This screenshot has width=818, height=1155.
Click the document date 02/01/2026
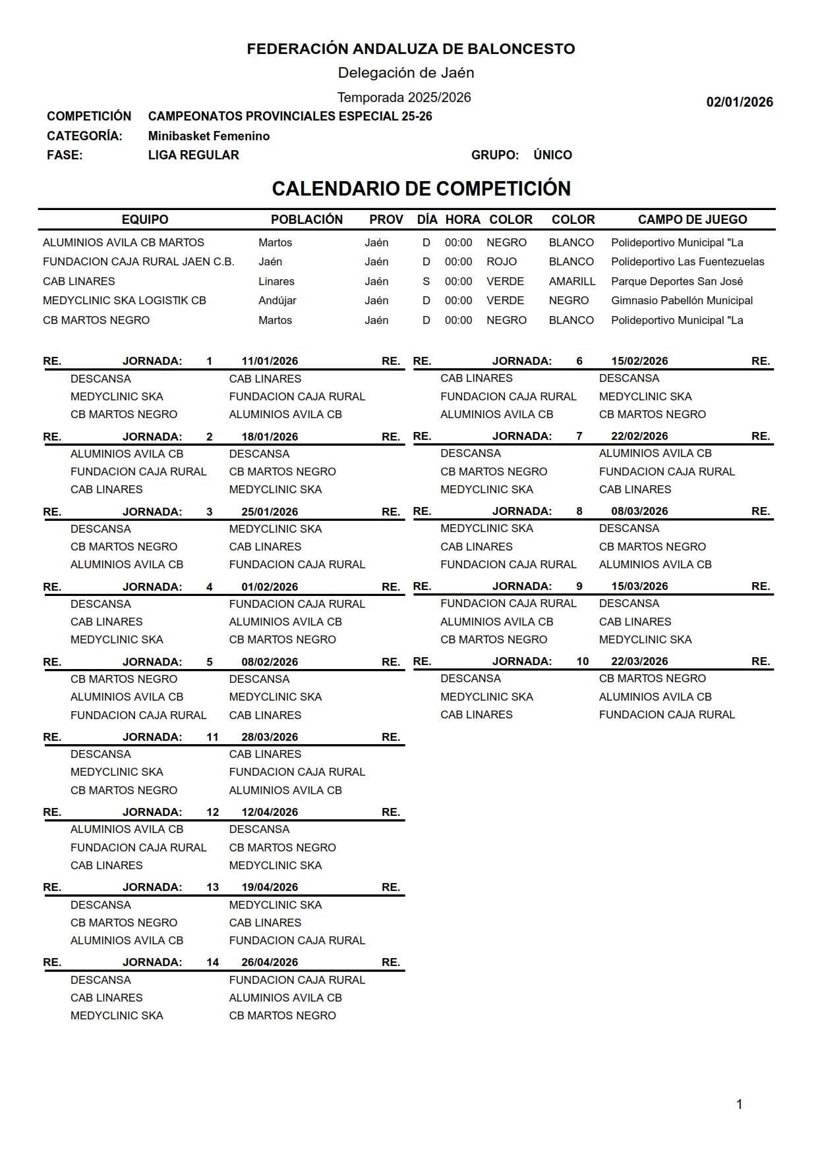tap(739, 102)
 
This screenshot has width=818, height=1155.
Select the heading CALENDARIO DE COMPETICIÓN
tap(421, 189)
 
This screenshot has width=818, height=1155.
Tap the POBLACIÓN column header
tap(307, 220)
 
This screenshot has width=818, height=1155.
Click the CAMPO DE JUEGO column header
tap(692, 220)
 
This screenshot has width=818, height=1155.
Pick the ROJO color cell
tap(502, 262)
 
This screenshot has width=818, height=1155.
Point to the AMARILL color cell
tap(571, 282)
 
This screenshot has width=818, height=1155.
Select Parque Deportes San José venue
tap(676, 282)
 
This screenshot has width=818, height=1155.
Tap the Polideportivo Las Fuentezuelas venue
tap(687, 262)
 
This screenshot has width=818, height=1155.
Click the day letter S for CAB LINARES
tap(426, 282)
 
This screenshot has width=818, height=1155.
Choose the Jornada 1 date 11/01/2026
tap(270, 362)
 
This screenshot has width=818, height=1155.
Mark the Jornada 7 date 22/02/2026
tap(639, 437)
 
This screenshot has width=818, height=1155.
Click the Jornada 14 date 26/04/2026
tap(270, 963)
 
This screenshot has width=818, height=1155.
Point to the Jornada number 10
tap(582, 662)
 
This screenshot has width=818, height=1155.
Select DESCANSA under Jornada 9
tap(629, 604)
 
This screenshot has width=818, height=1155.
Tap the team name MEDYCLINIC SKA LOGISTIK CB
tap(125, 301)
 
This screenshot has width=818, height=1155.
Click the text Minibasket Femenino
tap(208, 136)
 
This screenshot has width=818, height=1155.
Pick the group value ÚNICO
tap(552, 155)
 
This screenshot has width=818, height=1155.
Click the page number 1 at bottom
tap(739, 1104)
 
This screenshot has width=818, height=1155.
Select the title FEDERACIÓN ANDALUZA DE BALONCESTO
tap(411, 49)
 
